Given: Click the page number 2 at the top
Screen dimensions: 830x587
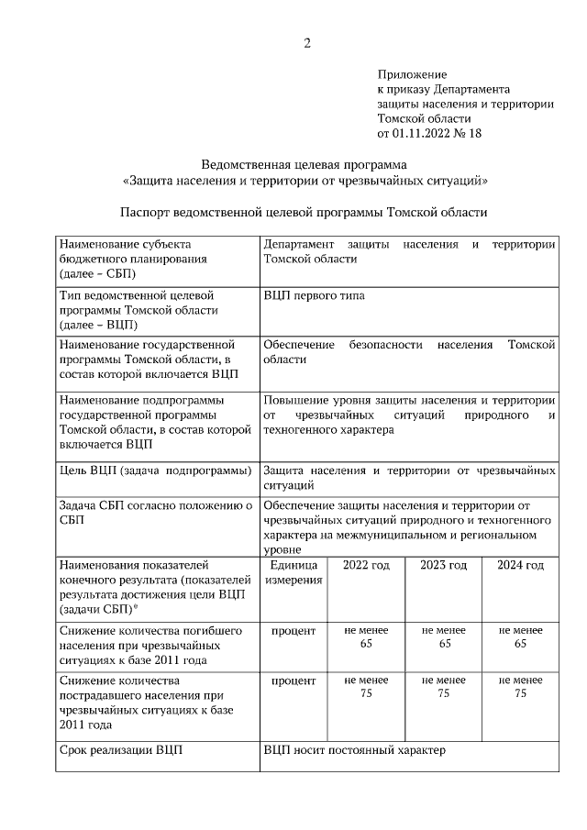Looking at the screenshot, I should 306,43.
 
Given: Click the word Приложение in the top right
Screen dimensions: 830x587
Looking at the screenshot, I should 412,74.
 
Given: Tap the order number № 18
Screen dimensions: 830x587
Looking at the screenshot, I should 468,133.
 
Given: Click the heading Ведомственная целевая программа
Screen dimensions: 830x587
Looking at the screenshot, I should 305,165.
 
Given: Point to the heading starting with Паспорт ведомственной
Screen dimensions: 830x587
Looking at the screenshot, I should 305,212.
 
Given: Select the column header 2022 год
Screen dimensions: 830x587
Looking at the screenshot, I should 366,565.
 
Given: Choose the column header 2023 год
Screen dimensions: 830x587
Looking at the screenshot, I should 444,565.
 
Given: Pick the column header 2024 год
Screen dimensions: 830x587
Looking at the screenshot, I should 521,565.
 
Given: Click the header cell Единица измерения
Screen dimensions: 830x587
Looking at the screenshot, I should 293,572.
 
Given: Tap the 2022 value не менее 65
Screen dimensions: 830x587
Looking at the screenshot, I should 366,637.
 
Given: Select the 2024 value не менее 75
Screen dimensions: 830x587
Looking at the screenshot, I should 521,687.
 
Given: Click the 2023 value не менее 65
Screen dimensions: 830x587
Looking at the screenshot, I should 444,637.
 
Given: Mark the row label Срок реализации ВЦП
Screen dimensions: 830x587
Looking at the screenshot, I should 120,750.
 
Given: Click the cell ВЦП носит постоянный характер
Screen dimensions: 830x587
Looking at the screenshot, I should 354,750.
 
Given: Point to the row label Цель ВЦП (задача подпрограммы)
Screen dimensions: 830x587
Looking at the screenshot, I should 155,470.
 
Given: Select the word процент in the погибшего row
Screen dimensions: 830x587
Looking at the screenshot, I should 293,631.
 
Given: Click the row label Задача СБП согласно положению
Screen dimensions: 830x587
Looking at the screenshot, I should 155,512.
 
